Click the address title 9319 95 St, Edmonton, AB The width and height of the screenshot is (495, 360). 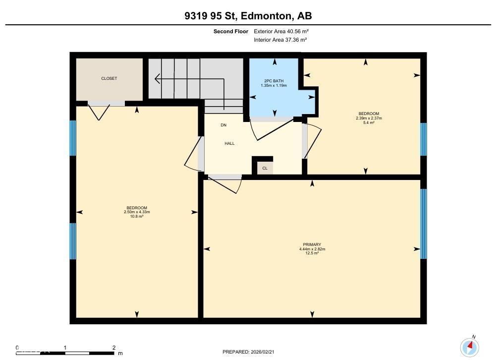pos(248,16)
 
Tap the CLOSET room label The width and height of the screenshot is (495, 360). pos(109,78)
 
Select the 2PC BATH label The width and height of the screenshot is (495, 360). pos(274,81)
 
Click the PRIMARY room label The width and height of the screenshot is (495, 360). pos(312,244)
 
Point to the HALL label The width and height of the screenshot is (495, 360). pos(229,143)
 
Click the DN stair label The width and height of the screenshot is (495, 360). pos(223,125)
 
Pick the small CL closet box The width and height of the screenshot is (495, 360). pos(265,168)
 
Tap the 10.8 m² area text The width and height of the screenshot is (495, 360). pos(136,216)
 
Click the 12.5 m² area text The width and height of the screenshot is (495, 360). pos(312,253)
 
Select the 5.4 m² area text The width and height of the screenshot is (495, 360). pos(369,122)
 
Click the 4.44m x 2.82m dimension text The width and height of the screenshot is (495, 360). pos(312,249)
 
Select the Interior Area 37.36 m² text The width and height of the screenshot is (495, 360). pos(280,40)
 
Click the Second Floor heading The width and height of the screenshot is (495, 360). pos(230,31)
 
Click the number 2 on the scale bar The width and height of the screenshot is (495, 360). pos(114,348)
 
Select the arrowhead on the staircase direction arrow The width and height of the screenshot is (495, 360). pos(157,78)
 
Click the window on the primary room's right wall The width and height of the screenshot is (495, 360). pos(423,224)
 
